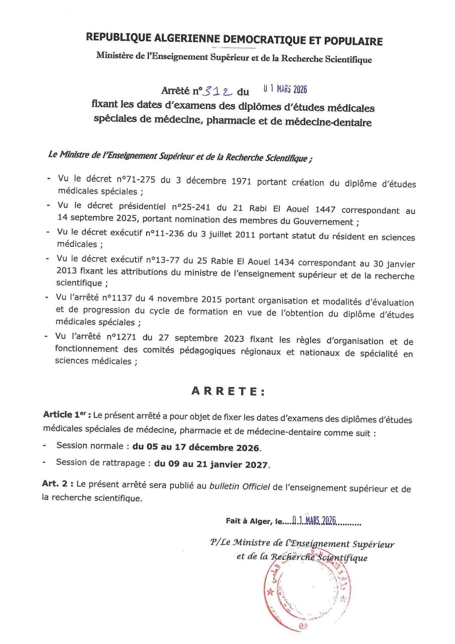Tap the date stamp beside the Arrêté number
tap(285, 89)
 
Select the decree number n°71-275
tap(136, 179)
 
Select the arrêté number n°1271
tap(121, 337)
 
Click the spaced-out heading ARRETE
tap(228, 391)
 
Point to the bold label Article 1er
tap(67, 415)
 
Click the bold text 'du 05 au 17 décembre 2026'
tap(196, 447)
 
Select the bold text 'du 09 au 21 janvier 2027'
tap(211, 464)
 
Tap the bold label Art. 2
tap(58, 484)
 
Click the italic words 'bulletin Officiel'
tap(239, 486)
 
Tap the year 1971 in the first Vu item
tap(241, 181)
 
